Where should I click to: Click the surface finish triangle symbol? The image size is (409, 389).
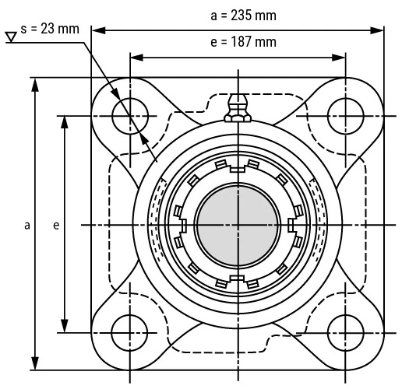[x=12, y=37]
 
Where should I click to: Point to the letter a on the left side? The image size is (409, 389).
[x=27, y=226]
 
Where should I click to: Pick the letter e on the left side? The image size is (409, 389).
[x=55, y=226]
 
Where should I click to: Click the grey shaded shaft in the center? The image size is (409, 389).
[x=237, y=225]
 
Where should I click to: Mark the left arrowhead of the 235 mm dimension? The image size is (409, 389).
[x=97, y=30]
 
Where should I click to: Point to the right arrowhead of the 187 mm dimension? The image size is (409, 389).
[x=340, y=57]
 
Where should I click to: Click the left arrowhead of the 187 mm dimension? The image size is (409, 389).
[x=135, y=57]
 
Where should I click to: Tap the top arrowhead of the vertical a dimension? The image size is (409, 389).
[x=35, y=83]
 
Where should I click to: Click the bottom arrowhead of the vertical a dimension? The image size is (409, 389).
[x=35, y=366]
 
